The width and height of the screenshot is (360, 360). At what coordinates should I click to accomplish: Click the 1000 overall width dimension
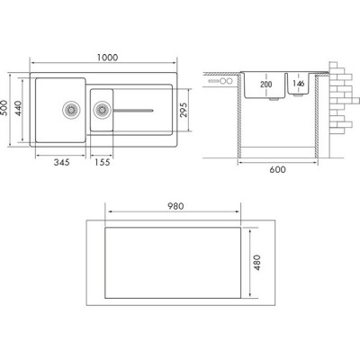tap(107, 58)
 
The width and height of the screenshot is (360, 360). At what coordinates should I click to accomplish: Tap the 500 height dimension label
tap(4, 107)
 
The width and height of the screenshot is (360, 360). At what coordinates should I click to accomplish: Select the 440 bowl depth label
tap(17, 108)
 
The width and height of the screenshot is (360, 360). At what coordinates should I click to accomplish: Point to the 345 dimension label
tap(61, 162)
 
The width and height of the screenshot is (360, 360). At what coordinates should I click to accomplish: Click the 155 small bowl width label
tap(103, 162)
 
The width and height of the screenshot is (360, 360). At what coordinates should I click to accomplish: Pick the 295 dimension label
tap(183, 110)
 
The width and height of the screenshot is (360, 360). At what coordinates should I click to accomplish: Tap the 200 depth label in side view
tap(265, 85)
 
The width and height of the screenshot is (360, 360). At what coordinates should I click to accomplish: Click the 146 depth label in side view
tap(299, 83)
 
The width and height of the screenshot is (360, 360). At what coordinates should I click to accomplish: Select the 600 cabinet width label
tap(277, 169)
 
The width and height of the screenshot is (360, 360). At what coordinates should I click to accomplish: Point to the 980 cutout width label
tap(175, 206)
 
